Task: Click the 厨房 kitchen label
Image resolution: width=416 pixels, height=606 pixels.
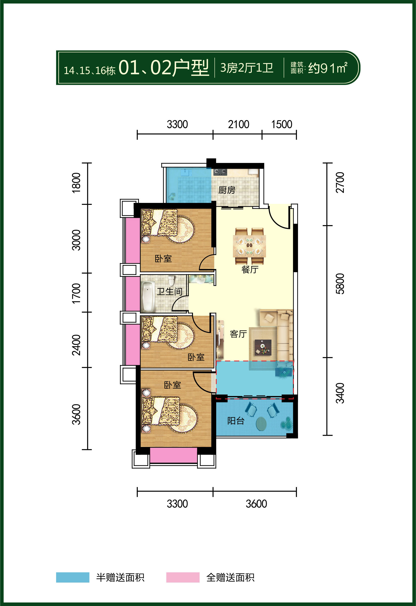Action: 227,190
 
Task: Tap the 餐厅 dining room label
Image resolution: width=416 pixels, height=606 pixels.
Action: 250,269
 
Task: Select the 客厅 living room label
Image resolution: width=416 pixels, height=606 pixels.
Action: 238,334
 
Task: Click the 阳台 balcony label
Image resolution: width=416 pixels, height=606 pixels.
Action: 236,421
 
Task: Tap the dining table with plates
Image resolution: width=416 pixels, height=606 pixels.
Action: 250,246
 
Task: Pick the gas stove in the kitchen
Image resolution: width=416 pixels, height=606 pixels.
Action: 220,172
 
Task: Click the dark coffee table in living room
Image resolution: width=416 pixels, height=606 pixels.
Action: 263,347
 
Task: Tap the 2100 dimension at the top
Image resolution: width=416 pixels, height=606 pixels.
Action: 239,124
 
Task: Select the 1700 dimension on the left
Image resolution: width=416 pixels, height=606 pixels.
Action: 76,293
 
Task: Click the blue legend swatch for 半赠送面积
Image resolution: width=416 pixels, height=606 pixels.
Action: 73,577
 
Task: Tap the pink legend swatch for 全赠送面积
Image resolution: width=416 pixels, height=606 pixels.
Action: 183,577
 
